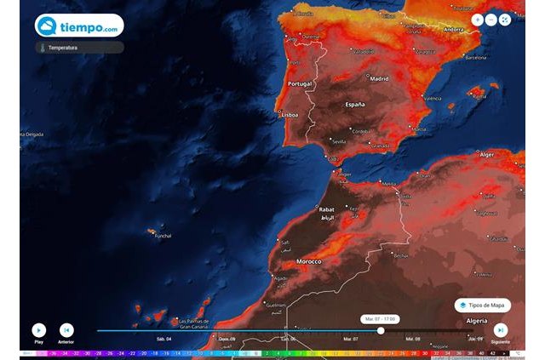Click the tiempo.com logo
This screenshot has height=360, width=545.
(x=79, y=26)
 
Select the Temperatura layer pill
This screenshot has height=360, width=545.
(x=79, y=48)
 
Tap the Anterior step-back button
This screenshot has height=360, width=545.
(x=66, y=329)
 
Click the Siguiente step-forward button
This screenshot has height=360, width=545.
(x=501, y=329)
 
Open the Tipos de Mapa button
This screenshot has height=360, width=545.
(x=484, y=305)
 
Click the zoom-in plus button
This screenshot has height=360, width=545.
(x=477, y=20)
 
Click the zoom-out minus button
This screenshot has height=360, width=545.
(x=491, y=20)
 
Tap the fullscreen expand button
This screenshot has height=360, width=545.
(x=506, y=20)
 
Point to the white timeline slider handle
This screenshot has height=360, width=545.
(x=381, y=330)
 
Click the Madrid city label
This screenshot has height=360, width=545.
(x=378, y=76)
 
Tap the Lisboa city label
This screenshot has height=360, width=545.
(x=289, y=114)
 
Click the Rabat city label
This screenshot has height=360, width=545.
(x=326, y=209)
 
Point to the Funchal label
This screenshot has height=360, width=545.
(x=163, y=236)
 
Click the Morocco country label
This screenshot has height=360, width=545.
(x=308, y=261)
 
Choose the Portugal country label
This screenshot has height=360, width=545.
(x=301, y=84)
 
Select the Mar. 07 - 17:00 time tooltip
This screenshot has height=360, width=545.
(x=381, y=318)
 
